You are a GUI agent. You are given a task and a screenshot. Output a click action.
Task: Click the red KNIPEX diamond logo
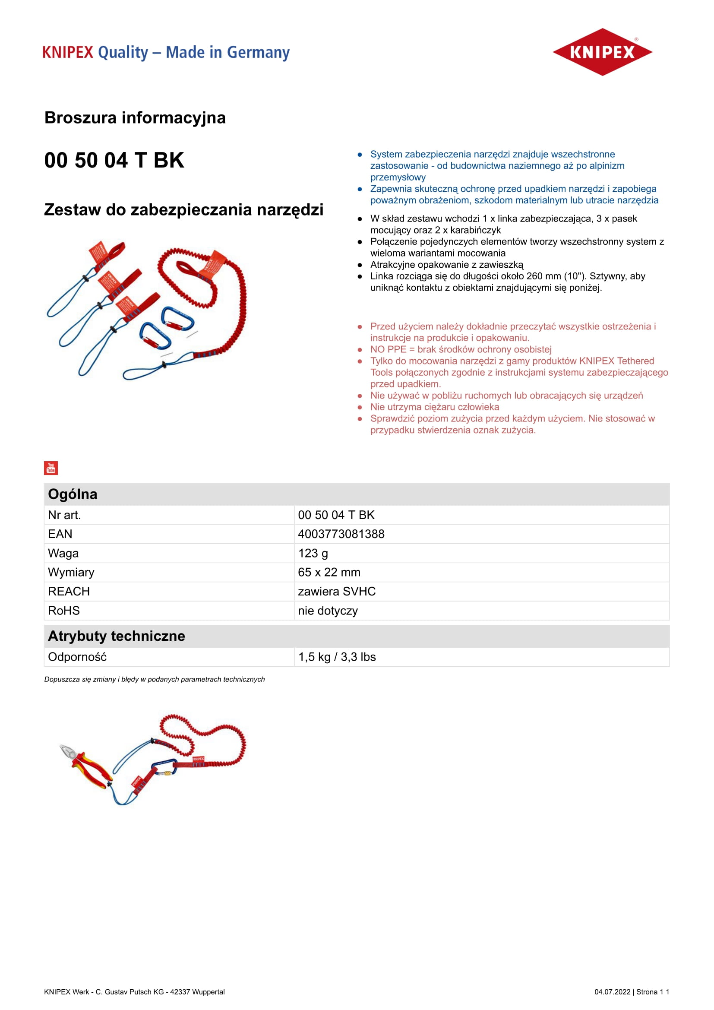[602, 52]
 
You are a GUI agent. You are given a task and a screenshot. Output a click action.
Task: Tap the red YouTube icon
[51, 468]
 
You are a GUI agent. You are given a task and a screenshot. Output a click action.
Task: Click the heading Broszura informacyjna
[135, 118]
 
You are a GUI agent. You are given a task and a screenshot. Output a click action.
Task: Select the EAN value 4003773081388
[341, 534]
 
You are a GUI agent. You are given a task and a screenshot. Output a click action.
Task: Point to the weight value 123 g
[313, 554]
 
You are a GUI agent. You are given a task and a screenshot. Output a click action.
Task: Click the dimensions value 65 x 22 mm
[329, 572]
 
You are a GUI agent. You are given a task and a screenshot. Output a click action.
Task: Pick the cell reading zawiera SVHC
[337, 592]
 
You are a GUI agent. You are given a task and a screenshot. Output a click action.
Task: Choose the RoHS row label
[64, 611]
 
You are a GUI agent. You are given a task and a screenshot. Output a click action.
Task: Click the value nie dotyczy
[328, 611]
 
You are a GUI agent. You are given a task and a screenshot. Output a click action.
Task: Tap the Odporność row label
[77, 657]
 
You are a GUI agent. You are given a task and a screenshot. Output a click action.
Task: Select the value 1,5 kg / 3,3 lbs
[337, 657]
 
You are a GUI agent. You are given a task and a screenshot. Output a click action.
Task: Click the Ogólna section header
[73, 494]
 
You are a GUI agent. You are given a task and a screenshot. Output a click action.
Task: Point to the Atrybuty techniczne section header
[117, 636]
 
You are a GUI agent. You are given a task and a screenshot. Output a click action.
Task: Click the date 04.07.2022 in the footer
[613, 992]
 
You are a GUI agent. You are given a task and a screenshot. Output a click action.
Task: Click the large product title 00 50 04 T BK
[114, 160]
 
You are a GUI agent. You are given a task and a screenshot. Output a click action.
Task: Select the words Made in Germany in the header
[228, 52]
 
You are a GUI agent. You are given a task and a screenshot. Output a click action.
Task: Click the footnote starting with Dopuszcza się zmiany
[154, 680]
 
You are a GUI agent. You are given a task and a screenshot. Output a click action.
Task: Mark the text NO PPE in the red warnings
[388, 350]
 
